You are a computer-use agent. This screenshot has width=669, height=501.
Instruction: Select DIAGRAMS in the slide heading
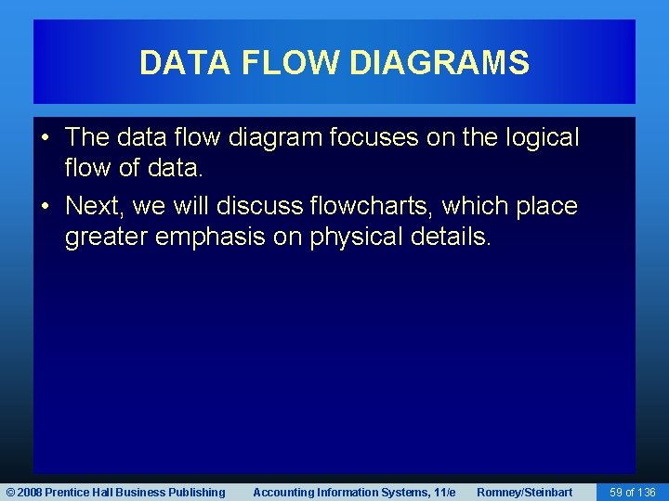coord(439,63)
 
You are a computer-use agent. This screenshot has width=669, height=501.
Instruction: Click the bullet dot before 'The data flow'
coord(46,138)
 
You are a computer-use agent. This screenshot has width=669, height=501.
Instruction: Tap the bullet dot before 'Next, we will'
coord(46,206)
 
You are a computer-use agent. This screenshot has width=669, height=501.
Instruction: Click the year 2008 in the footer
coord(28,492)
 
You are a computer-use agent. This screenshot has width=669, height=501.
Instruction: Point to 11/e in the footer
coord(444,492)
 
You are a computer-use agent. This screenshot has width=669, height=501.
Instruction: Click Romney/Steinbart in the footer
coord(524,492)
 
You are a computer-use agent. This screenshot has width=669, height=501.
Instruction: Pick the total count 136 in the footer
coord(647,492)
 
